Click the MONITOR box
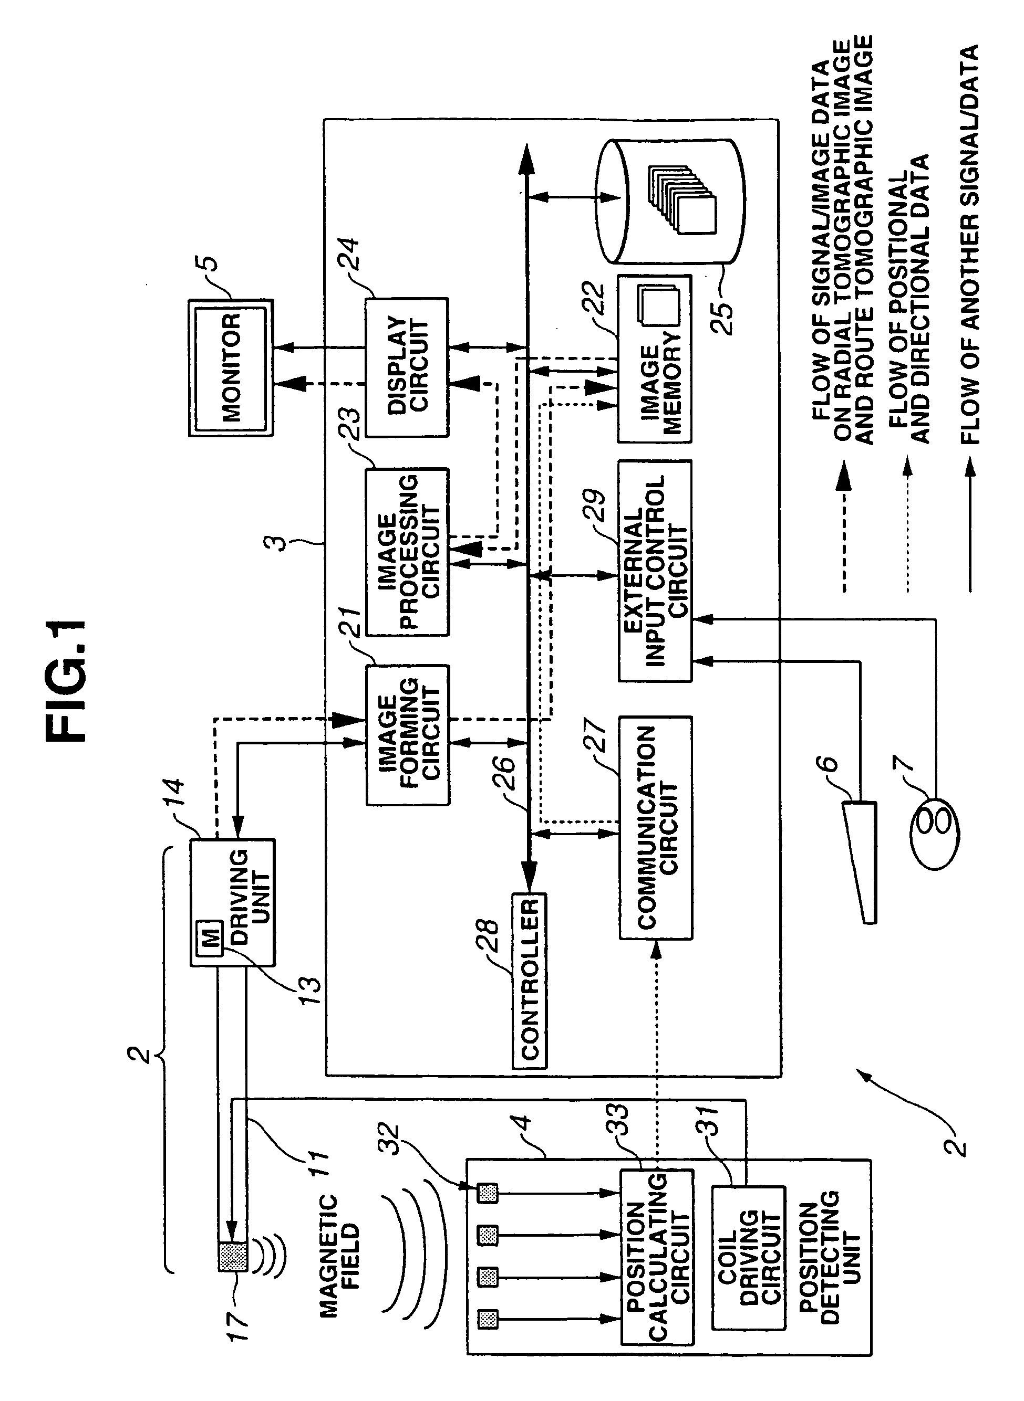(231, 368)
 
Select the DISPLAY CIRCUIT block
(407, 367)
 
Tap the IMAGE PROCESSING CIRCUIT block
(407, 552)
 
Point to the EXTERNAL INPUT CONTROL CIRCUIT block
(655, 571)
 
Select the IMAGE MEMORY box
(655, 359)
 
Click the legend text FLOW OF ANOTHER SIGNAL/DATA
(969, 244)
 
